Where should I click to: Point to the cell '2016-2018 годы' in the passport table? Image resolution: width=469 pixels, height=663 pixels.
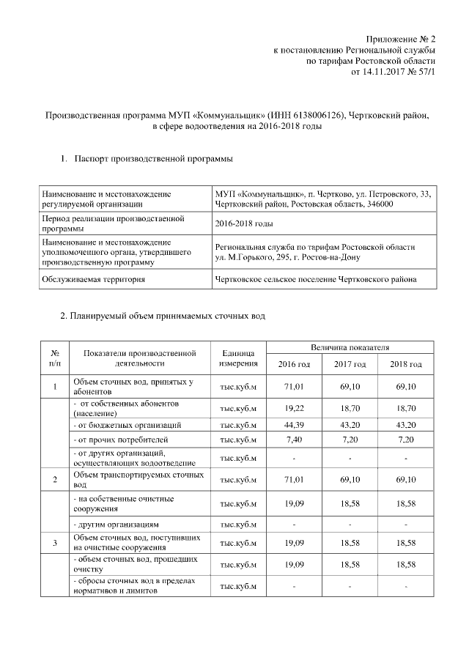coord(244,223)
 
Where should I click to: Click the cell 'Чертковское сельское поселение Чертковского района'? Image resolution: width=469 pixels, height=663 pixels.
coord(316,279)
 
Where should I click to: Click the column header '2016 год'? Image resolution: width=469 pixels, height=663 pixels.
coord(294,364)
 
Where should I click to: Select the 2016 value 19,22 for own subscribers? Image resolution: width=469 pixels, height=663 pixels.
coord(294,408)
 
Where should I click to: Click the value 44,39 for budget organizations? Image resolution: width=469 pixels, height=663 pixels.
coord(294,425)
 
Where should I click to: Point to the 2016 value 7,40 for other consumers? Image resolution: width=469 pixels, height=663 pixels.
coord(294,441)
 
